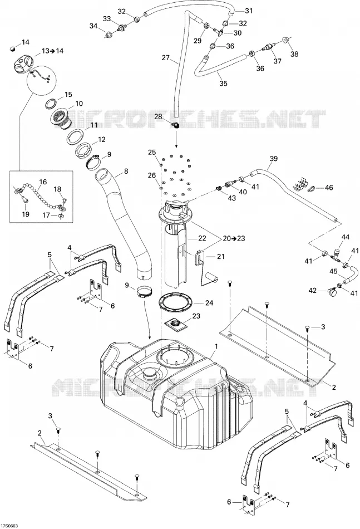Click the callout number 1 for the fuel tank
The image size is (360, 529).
(x=216, y=346)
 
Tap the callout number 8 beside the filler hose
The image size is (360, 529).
(x=126, y=171)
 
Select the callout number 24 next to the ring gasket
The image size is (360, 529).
(x=209, y=302)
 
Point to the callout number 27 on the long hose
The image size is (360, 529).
(x=165, y=58)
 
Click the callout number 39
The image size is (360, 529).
(x=274, y=158)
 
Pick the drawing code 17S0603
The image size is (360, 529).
(x=9, y=526)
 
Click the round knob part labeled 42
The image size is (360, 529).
(x=333, y=292)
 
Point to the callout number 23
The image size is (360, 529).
(x=196, y=316)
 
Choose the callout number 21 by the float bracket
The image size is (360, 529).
(x=221, y=256)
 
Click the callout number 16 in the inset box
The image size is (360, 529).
(x=43, y=182)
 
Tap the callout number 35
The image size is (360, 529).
(x=223, y=84)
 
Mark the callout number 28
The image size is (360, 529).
(x=158, y=117)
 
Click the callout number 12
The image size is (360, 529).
(x=101, y=139)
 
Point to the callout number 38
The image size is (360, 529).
(x=294, y=54)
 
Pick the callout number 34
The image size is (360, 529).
(x=93, y=26)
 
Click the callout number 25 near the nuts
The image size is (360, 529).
(x=152, y=152)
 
